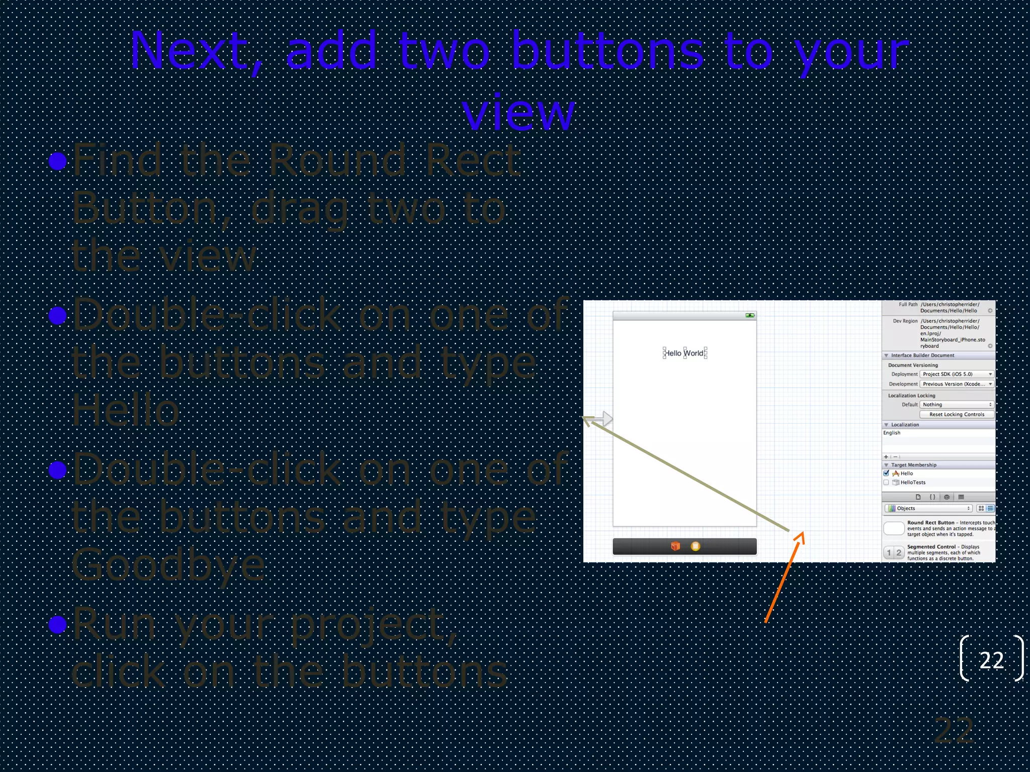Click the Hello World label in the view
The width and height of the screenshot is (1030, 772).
tap(684, 353)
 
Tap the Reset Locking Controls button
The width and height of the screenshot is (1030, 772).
tap(956, 414)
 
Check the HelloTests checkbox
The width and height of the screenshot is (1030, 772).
tap(886, 482)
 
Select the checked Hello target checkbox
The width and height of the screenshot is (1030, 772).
tap(886, 473)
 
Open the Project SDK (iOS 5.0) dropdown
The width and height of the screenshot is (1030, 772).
tap(956, 374)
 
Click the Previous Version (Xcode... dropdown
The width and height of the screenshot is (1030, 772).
tap(956, 384)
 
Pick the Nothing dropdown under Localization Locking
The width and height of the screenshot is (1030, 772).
tap(956, 405)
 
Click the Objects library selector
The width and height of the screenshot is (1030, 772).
tap(928, 508)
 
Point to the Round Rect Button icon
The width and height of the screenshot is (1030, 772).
tap(894, 528)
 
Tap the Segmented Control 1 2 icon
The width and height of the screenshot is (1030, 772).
tap(894, 552)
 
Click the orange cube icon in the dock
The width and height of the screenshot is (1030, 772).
tap(675, 546)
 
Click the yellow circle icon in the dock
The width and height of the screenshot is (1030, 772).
tap(695, 546)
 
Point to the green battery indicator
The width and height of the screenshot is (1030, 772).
tap(749, 316)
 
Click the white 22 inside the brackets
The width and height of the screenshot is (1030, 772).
tap(991, 660)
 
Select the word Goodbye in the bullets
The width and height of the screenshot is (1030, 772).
tap(168, 565)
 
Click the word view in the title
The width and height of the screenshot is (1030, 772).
tap(518, 113)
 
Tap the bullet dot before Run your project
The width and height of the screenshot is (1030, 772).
tap(58, 624)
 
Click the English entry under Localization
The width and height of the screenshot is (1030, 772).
tap(892, 433)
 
